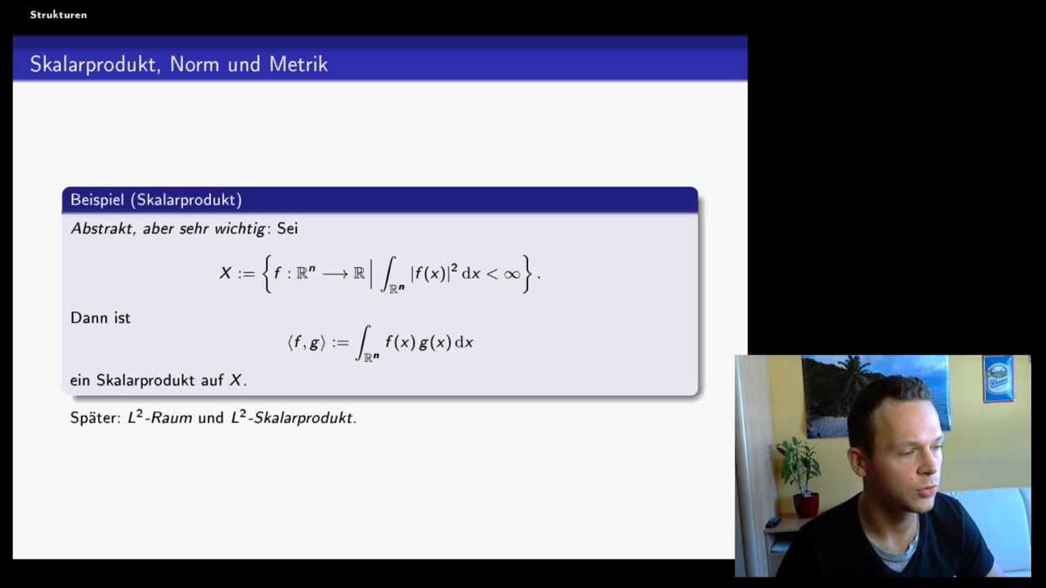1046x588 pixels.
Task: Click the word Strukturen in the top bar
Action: click(58, 15)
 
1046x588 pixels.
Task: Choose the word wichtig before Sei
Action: click(239, 229)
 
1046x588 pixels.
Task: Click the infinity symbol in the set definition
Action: click(512, 274)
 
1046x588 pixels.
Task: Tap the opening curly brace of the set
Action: click(266, 274)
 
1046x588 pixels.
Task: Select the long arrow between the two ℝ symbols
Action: click(335, 274)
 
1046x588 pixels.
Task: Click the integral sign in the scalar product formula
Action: click(364, 343)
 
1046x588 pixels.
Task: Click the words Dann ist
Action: click(101, 318)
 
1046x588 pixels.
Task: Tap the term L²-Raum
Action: click(159, 417)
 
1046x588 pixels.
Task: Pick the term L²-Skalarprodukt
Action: click(293, 417)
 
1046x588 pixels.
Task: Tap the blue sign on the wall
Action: click(998, 379)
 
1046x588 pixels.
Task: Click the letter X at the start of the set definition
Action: click(226, 274)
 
